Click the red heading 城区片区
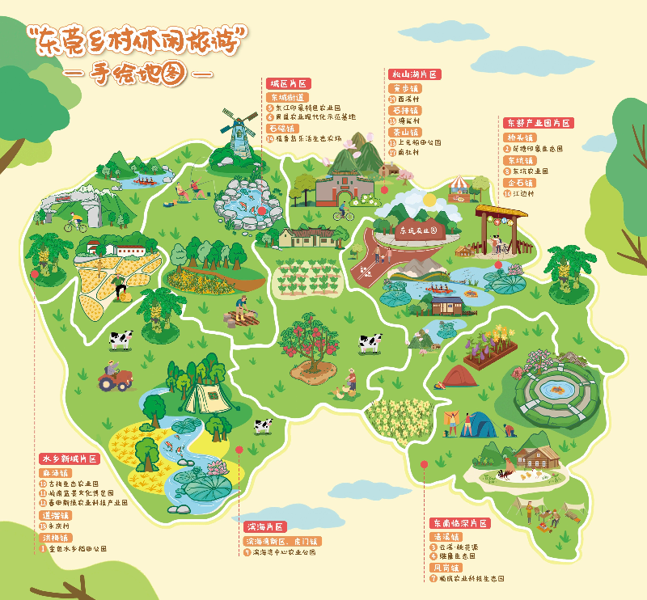pos(289,83)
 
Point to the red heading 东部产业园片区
pos(539,123)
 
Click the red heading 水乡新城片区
pos(70,458)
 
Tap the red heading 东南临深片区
pos(459,523)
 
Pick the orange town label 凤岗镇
pos(446,568)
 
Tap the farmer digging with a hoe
pos(239,310)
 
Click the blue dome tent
pos(483,424)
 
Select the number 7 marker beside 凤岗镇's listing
pos(433,578)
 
